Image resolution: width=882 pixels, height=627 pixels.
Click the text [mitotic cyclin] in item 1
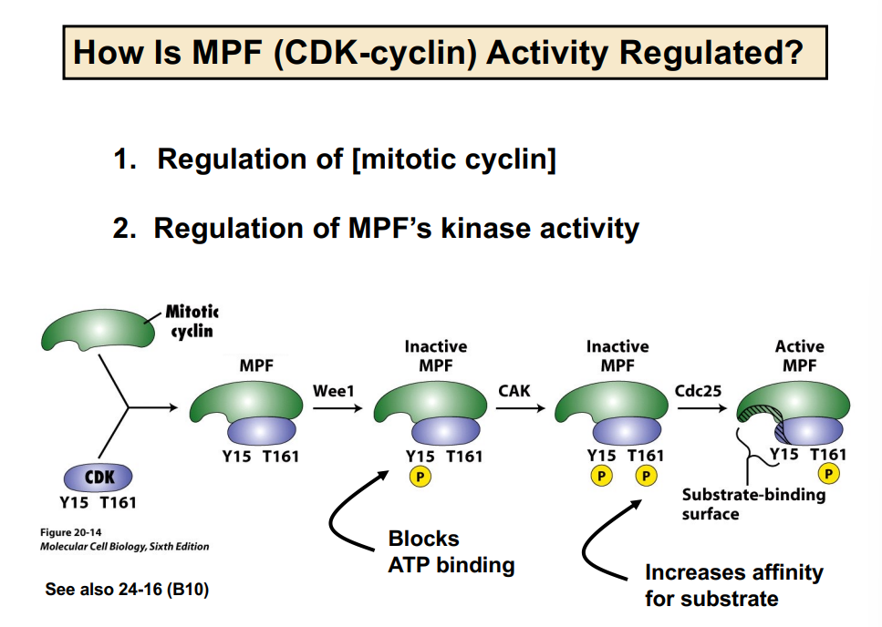454,159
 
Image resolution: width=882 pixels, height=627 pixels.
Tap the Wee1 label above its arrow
333,391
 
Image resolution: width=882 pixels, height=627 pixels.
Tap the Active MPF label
799,356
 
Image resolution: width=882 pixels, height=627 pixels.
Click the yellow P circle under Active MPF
829,474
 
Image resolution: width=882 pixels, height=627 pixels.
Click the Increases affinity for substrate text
732,585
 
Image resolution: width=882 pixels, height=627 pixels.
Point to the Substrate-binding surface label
752,504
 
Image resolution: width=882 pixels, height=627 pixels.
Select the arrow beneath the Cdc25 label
703,409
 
